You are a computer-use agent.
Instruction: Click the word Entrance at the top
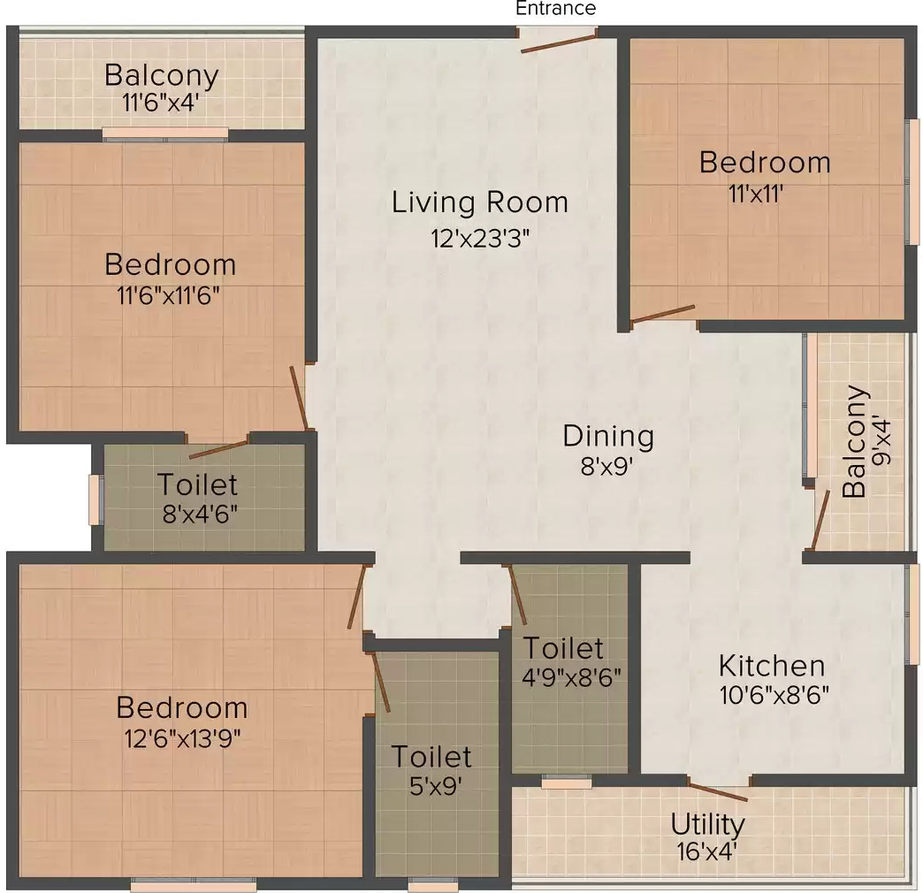tap(556, 8)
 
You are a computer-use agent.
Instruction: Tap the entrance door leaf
tap(559, 43)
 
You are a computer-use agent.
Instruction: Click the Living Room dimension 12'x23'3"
tap(480, 239)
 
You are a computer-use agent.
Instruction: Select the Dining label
tap(608, 436)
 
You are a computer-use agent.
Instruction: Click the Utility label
tap(707, 825)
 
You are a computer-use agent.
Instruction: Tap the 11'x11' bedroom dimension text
tap(756, 193)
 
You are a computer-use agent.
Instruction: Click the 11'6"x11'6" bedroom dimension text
tap(169, 294)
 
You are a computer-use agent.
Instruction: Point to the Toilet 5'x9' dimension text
tap(435, 786)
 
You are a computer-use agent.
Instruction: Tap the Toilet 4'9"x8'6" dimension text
tap(571, 677)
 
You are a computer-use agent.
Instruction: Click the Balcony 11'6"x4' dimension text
tap(160, 103)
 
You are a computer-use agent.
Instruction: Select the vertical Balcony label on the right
tap(855, 441)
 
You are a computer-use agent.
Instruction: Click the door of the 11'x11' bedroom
tap(662, 314)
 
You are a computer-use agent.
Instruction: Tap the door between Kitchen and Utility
tap(718, 791)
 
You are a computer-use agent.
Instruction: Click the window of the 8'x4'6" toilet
tap(95, 500)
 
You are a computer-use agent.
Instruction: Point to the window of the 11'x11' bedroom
tap(912, 181)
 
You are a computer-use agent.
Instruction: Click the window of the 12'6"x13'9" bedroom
tap(193, 884)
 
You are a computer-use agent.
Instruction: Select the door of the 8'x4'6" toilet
tap(217, 449)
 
